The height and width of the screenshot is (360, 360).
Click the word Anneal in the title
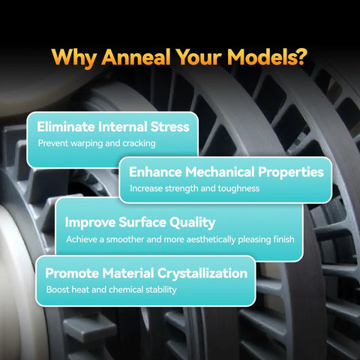point(136,57)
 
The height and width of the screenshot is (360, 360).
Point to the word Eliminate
point(66,127)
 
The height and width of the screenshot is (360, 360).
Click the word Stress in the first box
point(169,127)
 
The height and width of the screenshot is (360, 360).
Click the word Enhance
point(155,172)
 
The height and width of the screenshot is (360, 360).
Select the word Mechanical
point(220,172)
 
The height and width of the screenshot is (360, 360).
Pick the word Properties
point(291,172)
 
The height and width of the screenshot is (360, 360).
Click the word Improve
point(90,223)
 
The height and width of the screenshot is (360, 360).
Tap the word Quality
point(192,223)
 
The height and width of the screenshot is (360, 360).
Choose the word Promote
point(72,273)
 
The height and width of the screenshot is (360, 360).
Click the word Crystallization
point(202,274)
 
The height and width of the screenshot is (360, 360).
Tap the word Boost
point(58,289)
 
